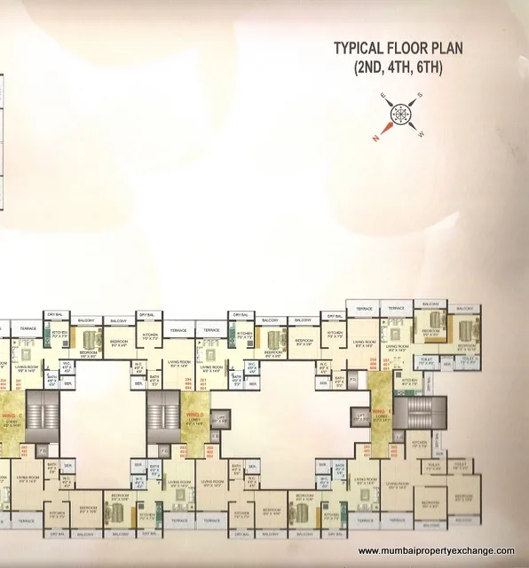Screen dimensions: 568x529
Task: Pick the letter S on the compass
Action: coord(421,96)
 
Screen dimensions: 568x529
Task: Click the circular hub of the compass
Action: coord(397,116)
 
